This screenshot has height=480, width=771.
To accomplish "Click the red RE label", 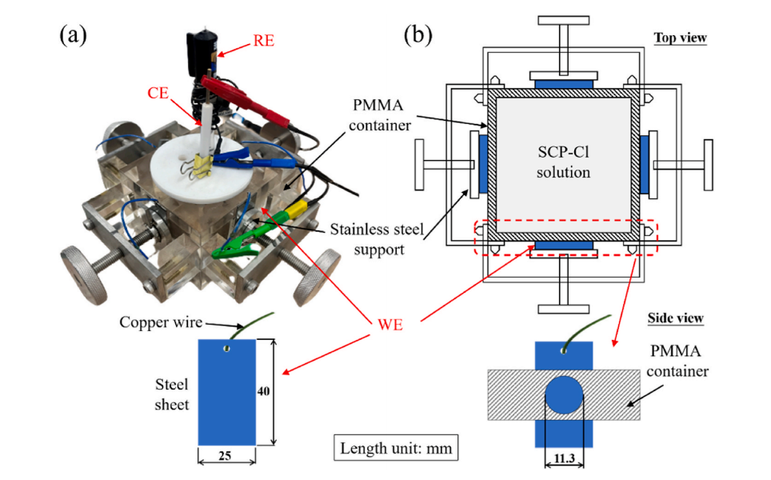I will pyautogui.click(x=262, y=39).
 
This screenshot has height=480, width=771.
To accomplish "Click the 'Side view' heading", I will pyautogui.click(x=675, y=318).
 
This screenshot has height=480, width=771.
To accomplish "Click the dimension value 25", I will pyautogui.click(x=226, y=457).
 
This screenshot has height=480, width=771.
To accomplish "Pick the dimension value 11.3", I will pyautogui.click(x=565, y=458).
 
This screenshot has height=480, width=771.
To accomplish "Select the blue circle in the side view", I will pyautogui.click(x=565, y=394).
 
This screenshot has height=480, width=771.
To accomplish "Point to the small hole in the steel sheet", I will pyautogui.click(x=227, y=349).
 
